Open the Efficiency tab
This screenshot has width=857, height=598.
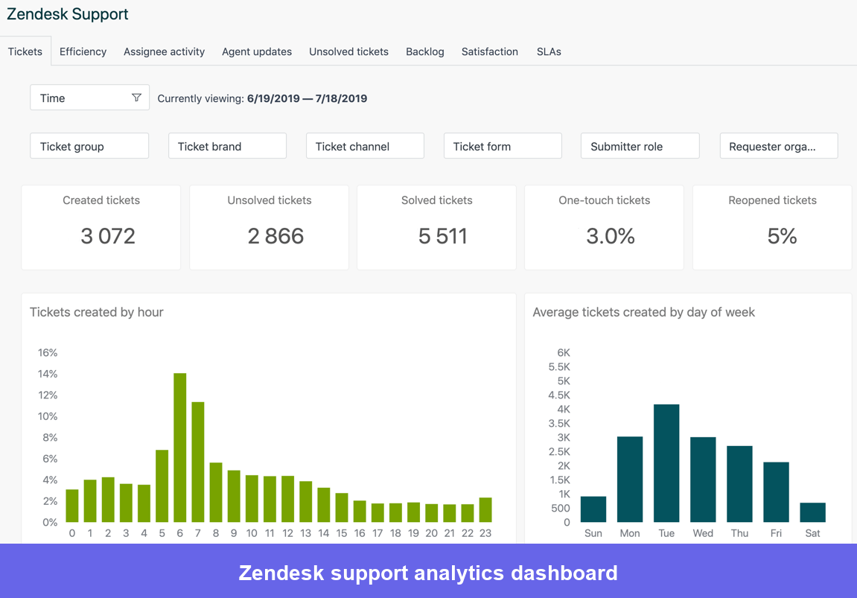click(x=83, y=51)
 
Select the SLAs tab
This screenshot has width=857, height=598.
click(x=549, y=51)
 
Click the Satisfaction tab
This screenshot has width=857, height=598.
click(x=489, y=51)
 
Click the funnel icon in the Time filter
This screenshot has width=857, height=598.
click(x=136, y=98)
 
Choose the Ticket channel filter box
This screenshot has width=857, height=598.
click(x=365, y=146)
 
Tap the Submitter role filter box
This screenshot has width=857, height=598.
click(x=640, y=146)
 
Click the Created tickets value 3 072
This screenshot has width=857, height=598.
click(x=108, y=236)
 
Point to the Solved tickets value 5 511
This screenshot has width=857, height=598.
click(x=443, y=236)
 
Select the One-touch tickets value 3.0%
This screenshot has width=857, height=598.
click(x=611, y=236)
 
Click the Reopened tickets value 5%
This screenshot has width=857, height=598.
click(x=782, y=236)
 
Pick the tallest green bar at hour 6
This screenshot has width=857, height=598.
click(x=179, y=448)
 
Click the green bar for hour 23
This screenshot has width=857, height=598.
click(x=485, y=509)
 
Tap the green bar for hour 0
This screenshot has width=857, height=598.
click(x=72, y=506)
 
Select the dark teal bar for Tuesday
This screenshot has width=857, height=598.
click(x=666, y=463)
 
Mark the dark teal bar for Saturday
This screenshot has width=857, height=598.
click(x=812, y=512)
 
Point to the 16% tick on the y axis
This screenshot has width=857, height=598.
click(x=48, y=352)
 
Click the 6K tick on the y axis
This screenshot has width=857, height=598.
click(x=564, y=352)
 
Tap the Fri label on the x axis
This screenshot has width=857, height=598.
click(x=776, y=533)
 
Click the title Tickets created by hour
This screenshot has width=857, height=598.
click(x=97, y=312)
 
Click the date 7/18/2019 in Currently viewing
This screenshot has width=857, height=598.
click(x=341, y=98)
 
